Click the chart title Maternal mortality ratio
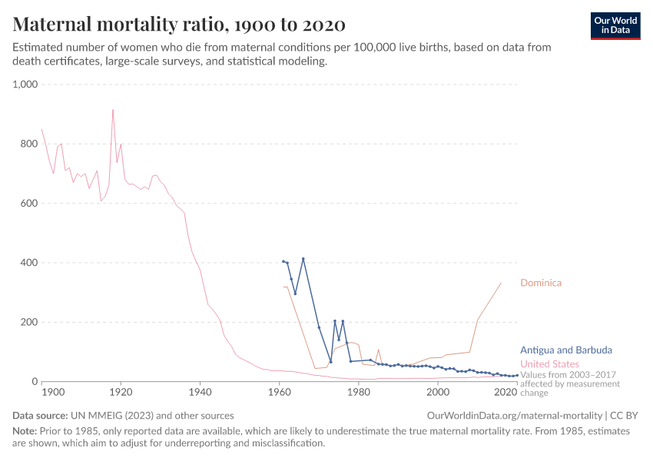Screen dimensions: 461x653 coord(178,24)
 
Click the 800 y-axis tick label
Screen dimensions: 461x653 coord(28,144)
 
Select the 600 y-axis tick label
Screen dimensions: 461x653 coord(28,204)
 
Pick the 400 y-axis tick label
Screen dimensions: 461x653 coord(28,263)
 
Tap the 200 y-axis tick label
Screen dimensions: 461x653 coord(28,322)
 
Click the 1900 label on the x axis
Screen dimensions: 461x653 coord(53,393)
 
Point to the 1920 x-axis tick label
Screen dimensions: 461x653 coord(121,393)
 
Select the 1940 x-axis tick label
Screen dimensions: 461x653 coord(200,393)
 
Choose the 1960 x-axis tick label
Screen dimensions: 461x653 coord(279,393)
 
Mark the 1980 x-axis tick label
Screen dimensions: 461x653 coord(358,393)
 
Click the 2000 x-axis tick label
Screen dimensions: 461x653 coord(437,393)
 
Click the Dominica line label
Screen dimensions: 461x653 coord(541,283)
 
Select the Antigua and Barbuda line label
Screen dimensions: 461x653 coord(565,350)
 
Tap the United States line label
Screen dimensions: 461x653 coord(549,363)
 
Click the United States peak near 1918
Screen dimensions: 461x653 coord(113,109)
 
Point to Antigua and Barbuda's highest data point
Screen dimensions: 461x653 coord(303,259)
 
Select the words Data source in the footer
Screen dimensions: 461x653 coord(41,415)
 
